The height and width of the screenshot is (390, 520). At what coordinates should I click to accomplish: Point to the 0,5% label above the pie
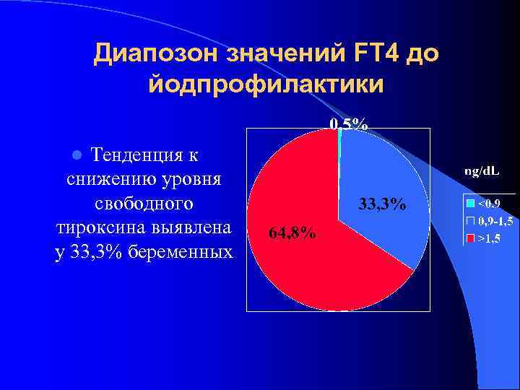click(x=349, y=123)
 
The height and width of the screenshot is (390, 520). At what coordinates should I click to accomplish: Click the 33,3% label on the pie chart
click(x=382, y=205)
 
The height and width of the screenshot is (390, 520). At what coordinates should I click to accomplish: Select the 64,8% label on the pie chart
click(x=291, y=233)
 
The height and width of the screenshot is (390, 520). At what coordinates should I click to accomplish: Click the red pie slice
click(x=311, y=260)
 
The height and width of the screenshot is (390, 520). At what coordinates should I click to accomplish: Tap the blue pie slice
click(x=383, y=173)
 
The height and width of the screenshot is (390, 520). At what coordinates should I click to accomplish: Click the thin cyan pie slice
click(x=339, y=141)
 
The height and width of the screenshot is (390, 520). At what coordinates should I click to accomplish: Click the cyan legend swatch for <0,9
click(x=469, y=203)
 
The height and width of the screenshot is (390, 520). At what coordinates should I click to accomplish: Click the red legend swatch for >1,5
click(x=469, y=237)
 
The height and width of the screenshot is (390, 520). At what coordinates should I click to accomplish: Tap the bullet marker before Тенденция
click(x=79, y=155)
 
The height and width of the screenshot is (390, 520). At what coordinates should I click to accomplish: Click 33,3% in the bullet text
click(x=100, y=252)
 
